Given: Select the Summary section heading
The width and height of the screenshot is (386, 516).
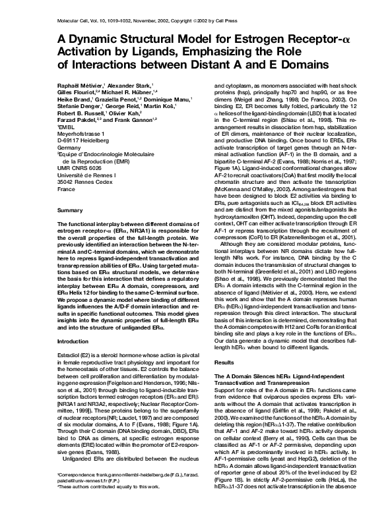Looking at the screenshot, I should (70, 210).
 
